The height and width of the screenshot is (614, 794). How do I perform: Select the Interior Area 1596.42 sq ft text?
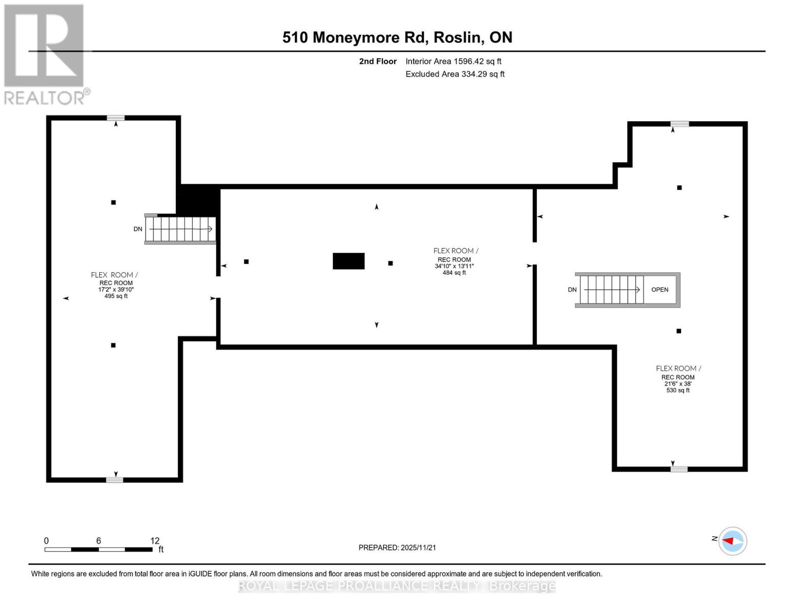coord(453,61)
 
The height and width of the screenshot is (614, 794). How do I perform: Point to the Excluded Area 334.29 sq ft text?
coord(455,74)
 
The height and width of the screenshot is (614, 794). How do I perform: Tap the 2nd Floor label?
coord(378,61)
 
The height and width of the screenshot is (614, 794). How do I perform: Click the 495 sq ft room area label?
coord(116,296)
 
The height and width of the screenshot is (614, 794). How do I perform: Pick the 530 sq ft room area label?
coord(678,390)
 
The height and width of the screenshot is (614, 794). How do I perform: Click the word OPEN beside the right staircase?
coord(660,290)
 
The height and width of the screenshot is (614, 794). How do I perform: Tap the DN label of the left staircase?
coord(138,229)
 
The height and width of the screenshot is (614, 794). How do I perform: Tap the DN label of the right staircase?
coord(572,290)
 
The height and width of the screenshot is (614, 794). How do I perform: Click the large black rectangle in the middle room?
coord(349,261)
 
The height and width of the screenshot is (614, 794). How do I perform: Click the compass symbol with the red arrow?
coord(733,541)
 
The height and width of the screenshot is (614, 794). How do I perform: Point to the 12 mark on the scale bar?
coord(155,541)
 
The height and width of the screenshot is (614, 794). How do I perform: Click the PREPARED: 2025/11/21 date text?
coord(397,547)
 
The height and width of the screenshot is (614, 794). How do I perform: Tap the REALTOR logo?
coord(45,54)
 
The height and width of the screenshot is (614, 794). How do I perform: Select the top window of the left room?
coord(116,118)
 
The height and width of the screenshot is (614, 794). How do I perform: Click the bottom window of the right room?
coord(679,469)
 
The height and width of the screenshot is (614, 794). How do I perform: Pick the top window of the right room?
coord(679,124)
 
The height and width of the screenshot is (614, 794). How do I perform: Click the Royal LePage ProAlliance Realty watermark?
coord(397,586)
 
